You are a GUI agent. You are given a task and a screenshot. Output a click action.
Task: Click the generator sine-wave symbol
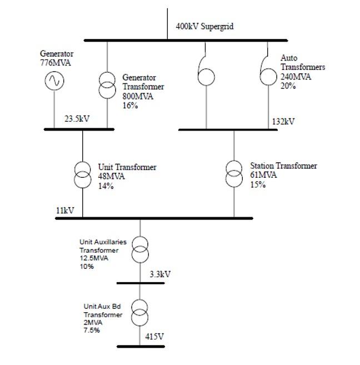tap(54, 81)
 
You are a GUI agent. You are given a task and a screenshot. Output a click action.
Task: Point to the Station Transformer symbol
tap(234, 173)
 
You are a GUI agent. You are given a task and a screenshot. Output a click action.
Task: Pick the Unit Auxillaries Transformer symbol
tap(140, 249)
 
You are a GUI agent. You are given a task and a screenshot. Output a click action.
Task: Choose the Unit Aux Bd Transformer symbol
tap(140, 314)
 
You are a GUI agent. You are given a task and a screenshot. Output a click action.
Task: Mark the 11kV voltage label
tap(65, 211)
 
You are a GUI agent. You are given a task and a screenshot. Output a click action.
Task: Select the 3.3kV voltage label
tap(160, 274)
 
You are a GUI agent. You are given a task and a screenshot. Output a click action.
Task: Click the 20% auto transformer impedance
tap(288, 86)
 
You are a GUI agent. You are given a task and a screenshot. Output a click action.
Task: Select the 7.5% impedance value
tap(92, 331)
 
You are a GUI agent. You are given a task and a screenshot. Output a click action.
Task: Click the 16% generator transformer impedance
tap(130, 106)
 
